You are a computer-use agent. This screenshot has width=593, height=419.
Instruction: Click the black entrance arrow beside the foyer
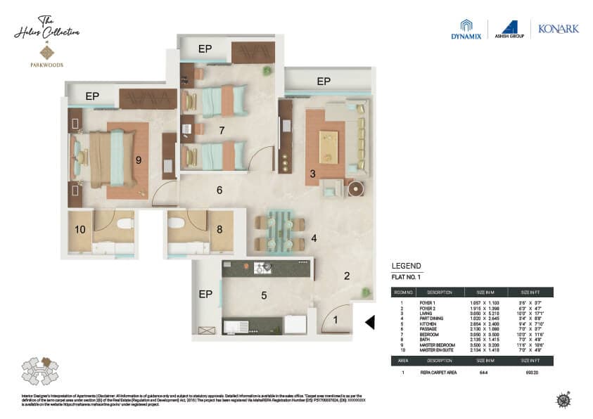pyautogui.click(x=370, y=322)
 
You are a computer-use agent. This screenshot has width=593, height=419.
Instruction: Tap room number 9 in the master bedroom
pyautogui.click(x=139, y=160)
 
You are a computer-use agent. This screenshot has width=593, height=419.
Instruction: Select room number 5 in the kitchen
pyautogui.click(x=264, y=295)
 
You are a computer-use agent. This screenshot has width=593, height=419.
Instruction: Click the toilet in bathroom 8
pyautogui.click(x=177, y=224)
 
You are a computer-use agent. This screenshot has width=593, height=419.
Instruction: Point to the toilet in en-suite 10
pyautogui.click(x=125, y=224)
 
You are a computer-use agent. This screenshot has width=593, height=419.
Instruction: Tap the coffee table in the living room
pyautogui.click(x=329, y=147)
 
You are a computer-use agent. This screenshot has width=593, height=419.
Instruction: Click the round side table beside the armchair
pyautogui.click(x=356, y=189)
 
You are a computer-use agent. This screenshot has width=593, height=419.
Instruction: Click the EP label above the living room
pyautogui.click(x=323, y=82)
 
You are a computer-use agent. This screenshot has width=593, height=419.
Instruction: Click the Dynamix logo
pyautogui.click(x=466, y=30)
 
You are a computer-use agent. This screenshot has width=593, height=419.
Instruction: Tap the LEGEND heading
pyautogui.click(x=406, y=266)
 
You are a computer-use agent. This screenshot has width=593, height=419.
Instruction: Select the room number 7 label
pyautogui.click(x=221, y=130)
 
